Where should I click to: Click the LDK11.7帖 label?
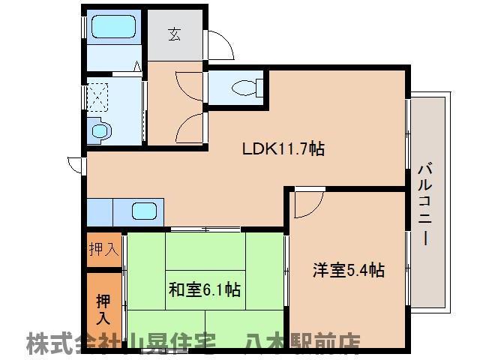coord(282,148)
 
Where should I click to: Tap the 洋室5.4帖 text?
coord(348,269)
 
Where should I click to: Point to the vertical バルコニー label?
coord(424,202)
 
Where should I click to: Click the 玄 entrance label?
coord(175,33)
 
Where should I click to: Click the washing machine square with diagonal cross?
coord(98,93)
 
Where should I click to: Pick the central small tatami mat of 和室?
coord(205,288)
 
